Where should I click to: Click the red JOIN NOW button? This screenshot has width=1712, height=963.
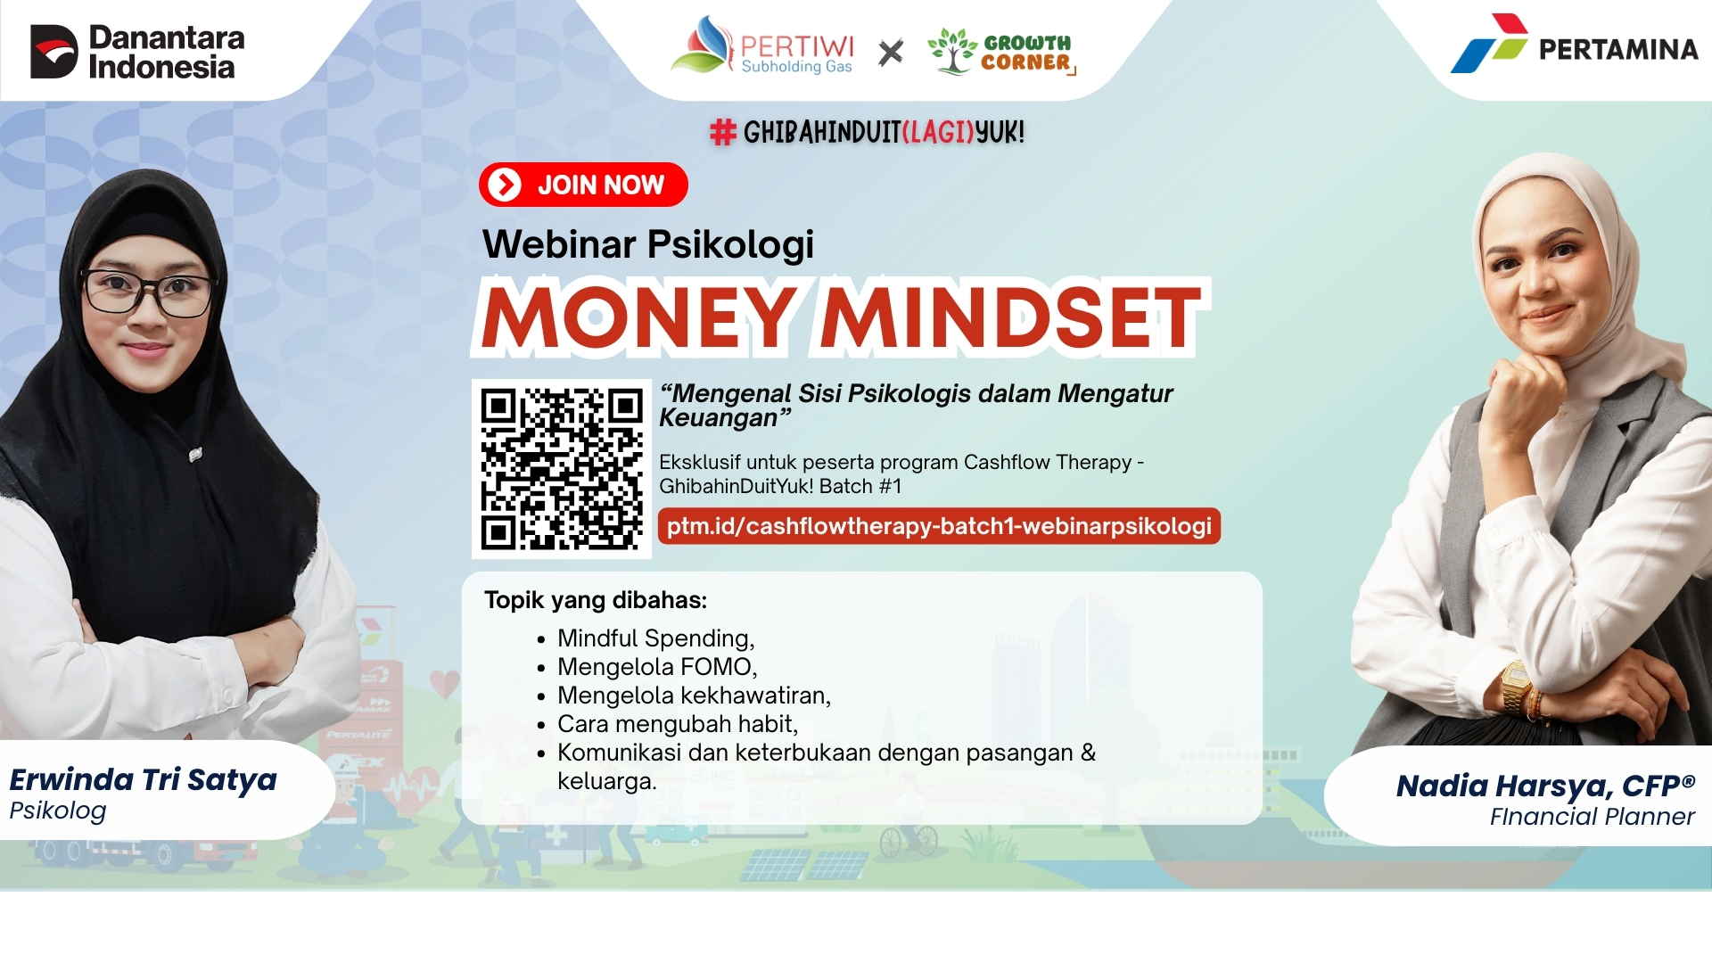point(583,185)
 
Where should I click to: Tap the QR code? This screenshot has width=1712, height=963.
point(562,469)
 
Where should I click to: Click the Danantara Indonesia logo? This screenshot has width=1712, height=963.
point(137,52)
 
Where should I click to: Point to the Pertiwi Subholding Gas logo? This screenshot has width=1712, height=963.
point(762,46)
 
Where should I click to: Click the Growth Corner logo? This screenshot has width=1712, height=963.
point(1001,51)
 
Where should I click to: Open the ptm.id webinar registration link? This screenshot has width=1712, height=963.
point(939,526)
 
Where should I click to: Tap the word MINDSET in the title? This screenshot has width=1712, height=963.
point(1010,317)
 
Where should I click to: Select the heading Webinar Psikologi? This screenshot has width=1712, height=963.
point(648,243)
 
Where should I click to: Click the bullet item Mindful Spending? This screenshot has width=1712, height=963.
point(656,638)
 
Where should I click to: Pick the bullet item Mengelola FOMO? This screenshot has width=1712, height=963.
point(657,667)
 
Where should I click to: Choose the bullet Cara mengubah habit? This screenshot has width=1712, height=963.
point(678,724)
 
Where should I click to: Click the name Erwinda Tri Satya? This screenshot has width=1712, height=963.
point(143,780)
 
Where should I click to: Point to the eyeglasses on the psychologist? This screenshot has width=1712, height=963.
point(148,292)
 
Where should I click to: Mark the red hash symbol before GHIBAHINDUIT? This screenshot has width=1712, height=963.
point(722,133)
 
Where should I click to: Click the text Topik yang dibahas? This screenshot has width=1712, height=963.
point(596,600)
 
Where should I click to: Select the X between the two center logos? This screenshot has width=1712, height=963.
point(890,53)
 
